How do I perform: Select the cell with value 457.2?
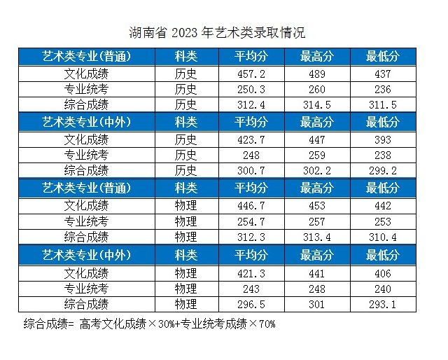pos(251,73)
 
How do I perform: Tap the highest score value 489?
pos(316,73)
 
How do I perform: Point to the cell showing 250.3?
pos(251,89)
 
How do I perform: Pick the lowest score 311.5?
pos(382,105)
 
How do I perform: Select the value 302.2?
pos(316,170)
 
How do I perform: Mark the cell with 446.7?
pos(251,205)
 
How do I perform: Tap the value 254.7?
pos(251,221)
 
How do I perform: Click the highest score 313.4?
pos(316,237)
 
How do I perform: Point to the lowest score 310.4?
pos(382,237)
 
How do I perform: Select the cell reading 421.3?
pos(251,272)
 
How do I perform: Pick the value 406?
pos(382,272)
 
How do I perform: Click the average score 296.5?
pos(251,305)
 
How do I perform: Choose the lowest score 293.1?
pos(382,305)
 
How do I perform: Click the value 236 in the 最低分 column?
pos(382,89)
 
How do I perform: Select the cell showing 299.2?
pos(382,170)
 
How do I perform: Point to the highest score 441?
pos(316,272)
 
